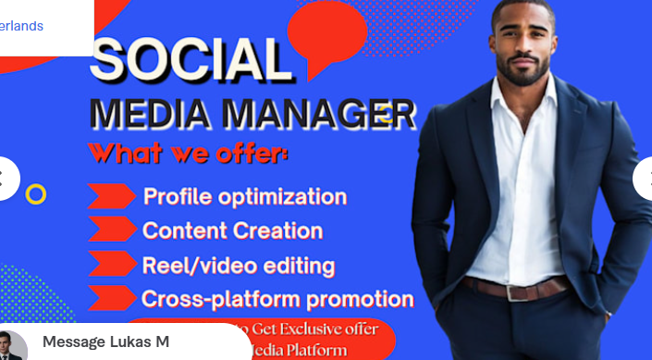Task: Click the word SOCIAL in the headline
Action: (x=189, y=61)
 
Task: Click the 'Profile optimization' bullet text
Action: (x=245, y=196)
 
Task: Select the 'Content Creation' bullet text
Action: (x=232, y=230)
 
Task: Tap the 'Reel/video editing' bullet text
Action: (x=238, y=266)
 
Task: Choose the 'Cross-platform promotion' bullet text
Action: (x=277, y=299)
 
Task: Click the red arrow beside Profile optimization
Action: (x=111, y=196)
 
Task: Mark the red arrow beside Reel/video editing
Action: (x=111, y=266)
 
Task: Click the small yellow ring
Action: (x=36, y=193)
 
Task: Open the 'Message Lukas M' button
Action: (x=105, y=342)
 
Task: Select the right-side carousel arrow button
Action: (x=645, y=178)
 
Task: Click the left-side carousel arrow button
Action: (x=5, y=178)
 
